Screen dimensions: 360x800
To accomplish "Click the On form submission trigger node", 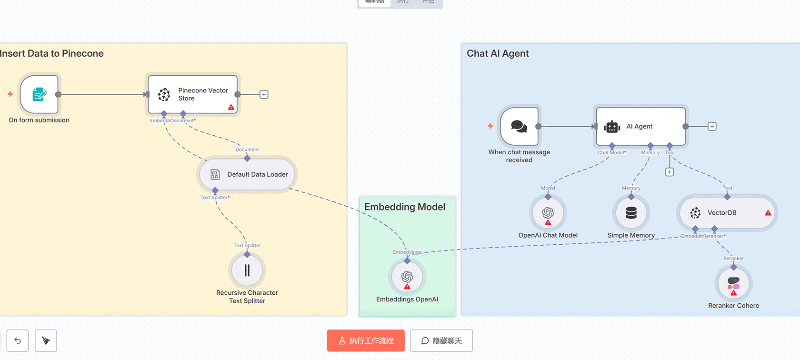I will (40, 94).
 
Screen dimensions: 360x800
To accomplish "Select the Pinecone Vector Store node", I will (192, 94).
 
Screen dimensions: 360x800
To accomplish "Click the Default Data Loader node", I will (247, 174).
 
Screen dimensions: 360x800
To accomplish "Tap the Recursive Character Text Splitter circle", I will (247, 270).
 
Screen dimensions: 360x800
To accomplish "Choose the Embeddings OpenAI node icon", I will (407, 277).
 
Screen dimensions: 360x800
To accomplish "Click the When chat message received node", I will (519, 126).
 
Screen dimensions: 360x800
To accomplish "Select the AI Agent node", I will (640, 126).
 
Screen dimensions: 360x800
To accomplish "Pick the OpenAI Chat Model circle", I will (548, 213).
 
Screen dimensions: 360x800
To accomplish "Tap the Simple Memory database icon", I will (631, 213).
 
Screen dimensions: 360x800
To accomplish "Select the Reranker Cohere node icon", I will (734, 283).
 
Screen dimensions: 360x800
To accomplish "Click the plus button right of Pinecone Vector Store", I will (264, 94).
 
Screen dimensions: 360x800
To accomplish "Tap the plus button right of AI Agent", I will (712, 126).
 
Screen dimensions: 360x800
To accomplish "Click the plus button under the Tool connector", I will (670, 172).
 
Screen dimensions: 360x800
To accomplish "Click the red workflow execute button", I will (366, 340).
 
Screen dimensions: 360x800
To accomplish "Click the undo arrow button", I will (18, 340).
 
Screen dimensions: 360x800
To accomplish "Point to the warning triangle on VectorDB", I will (768, 213).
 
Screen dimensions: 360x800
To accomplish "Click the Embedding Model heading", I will (405, 207).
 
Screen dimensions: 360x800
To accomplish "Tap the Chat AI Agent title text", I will (498, 53).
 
